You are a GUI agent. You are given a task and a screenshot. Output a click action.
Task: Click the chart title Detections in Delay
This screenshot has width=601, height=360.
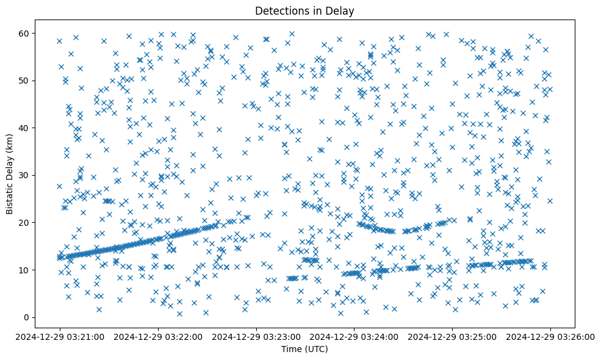tap(304, 10)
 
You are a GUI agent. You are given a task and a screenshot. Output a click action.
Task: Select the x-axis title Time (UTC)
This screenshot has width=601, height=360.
tap(304, 349)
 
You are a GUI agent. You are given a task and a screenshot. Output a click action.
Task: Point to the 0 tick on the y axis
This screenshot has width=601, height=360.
tap(27, 317)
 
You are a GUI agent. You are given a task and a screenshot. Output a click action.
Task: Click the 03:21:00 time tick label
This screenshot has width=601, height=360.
tap(59, 336)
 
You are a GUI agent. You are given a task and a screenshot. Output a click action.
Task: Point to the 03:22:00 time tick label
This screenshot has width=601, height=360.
tap(158, 336)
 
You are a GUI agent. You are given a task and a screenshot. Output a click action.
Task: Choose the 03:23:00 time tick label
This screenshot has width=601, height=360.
tap(256, 336)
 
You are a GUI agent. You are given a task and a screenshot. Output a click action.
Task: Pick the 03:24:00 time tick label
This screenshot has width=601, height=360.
tap(354, 336)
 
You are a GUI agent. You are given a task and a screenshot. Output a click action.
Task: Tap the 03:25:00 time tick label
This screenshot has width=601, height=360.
tap(453, 336)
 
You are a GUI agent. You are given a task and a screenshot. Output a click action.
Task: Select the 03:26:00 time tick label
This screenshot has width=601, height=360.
tap(551, 336)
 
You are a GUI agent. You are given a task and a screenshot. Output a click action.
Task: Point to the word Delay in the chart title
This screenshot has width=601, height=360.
tap(342, 10)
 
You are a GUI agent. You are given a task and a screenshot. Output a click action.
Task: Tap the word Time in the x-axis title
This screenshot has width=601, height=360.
tap(290, 349)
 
